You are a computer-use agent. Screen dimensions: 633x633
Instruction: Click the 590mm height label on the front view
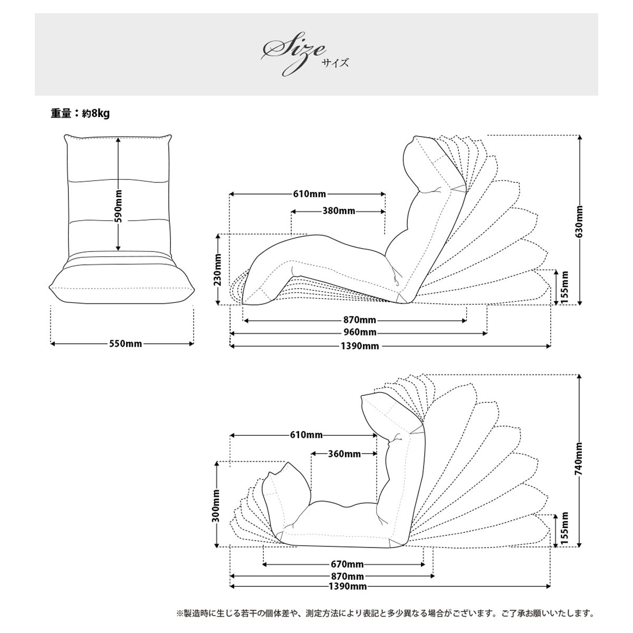(119, 206)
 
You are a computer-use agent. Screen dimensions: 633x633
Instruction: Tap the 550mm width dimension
(126, 343)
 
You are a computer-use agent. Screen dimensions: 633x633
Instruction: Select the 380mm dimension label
(339, 211)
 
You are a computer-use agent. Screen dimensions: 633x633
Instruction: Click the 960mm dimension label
(360, 332)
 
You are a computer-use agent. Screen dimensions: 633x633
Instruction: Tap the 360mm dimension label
(344, 454)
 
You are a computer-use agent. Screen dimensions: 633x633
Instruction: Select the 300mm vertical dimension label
(216, 505)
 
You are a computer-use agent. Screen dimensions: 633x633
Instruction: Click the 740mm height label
(579, 458)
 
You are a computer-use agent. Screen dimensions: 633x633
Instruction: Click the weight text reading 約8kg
(96, 113)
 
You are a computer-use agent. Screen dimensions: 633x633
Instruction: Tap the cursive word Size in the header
(293, 54)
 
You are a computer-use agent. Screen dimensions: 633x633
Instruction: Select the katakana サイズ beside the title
(335, 63)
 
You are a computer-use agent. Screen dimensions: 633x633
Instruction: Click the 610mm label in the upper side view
(310, 194)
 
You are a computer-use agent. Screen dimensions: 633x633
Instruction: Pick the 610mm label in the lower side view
(306, 435)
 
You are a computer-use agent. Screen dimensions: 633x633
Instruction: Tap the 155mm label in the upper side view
(564, 288)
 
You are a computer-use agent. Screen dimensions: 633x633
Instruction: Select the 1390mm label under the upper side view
(360, 346)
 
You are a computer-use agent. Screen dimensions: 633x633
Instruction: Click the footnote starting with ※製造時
(385, 613)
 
